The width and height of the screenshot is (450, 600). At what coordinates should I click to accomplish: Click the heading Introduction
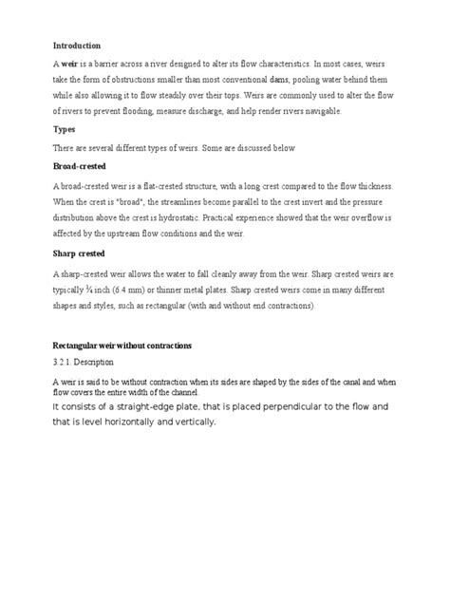coord(76,45)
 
